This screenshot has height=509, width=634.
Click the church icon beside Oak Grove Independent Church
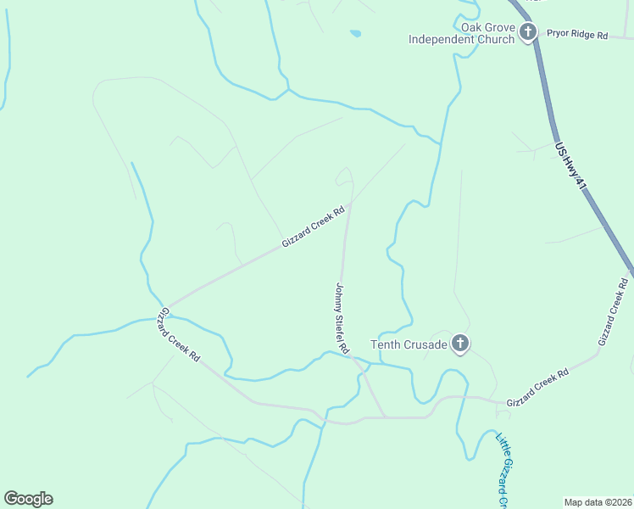click(x=527, y=33)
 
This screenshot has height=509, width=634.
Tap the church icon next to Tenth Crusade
click(x=459, y=344)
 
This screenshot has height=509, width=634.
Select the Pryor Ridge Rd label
click(x=577, y=35)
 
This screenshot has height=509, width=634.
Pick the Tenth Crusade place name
click(x=408, y=344)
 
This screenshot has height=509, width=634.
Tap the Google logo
click(x=28, y=499)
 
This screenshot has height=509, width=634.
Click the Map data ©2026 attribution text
click(x=598, y=501)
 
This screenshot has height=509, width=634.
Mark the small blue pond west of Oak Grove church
click(x=355, y=34)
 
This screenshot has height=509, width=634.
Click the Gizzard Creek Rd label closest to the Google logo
click(x=177, y=335)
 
